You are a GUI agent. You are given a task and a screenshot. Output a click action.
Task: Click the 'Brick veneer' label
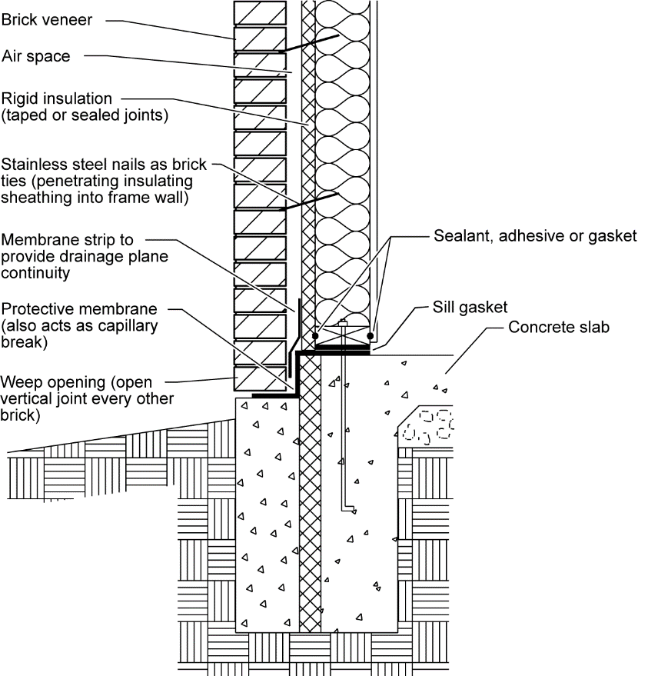[x=46, y=20]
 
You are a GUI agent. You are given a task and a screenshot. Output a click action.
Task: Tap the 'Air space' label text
[x=35, y=56]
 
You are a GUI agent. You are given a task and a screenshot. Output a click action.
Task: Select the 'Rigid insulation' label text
[x=56, y=99]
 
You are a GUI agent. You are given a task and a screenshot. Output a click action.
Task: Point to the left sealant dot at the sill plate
[x=316, y=336]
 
